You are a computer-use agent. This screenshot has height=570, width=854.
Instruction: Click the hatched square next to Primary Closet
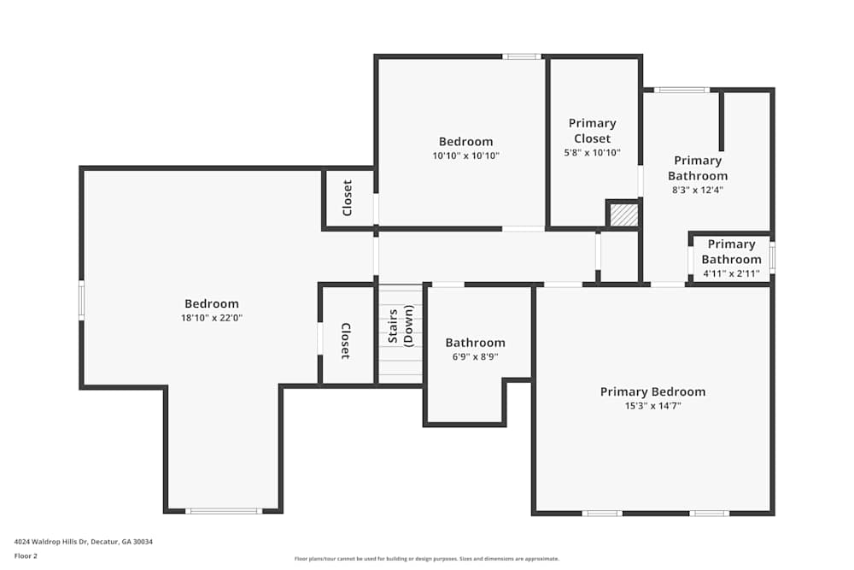624,214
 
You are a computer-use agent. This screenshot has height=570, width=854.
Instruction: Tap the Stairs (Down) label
401,326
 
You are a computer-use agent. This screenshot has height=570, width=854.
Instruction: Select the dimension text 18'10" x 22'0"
212,318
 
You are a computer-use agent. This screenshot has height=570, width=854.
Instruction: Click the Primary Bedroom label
652,391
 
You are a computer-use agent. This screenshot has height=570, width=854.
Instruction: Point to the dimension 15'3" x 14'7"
652,407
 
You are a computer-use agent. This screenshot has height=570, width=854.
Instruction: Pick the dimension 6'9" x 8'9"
475,357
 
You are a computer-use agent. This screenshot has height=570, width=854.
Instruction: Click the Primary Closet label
592,131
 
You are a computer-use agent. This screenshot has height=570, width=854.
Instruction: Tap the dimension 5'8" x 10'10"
592,153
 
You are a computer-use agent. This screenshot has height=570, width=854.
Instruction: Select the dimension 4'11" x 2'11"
731,273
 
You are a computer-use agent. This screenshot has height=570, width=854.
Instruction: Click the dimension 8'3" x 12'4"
698,191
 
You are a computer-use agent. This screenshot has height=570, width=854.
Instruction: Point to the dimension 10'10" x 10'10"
465,156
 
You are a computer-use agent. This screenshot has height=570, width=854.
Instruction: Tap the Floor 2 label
26,555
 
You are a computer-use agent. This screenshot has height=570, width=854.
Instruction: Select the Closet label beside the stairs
346,340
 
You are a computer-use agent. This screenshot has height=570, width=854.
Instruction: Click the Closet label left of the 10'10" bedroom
348,197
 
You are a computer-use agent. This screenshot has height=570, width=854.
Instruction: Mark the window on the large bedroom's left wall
82,300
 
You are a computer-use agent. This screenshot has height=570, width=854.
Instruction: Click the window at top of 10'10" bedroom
521,56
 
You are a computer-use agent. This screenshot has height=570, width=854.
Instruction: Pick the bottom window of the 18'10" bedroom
224,511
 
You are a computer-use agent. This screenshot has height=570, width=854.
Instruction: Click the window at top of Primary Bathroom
681,90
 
